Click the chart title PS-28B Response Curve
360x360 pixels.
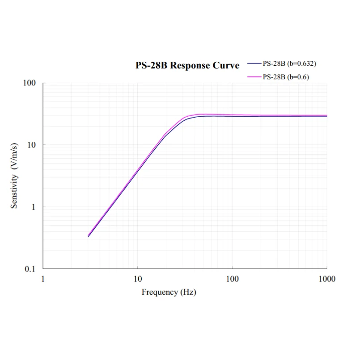pyautogui.click(x=187, y=65)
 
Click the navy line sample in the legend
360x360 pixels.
pyautogui.click(x=254, y=63)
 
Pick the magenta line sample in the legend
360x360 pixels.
pyautogui.click(x=254, y=76)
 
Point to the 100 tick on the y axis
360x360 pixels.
pyautogui.click(x=30, y=83)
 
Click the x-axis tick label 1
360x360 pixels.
pyautogui.click(x=43, y=279)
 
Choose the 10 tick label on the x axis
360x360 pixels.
pyautogui.click(x=138, y=279)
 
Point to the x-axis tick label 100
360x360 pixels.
pyautogui.click(x=232, y=279)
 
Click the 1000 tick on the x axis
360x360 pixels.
pyautogui.click(x=327, y=279)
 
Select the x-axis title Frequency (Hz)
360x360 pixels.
pyautogui.click(x=169, y=292)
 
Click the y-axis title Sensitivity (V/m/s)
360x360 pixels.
pyautogui.click(x=14, y=176)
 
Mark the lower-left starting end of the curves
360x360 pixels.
pyautogui.click(x=89, y=236)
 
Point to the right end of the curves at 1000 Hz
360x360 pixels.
pyautogui.click(x=326, y=116)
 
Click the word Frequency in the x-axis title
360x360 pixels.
pyautogui.click(x=159, y=292)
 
